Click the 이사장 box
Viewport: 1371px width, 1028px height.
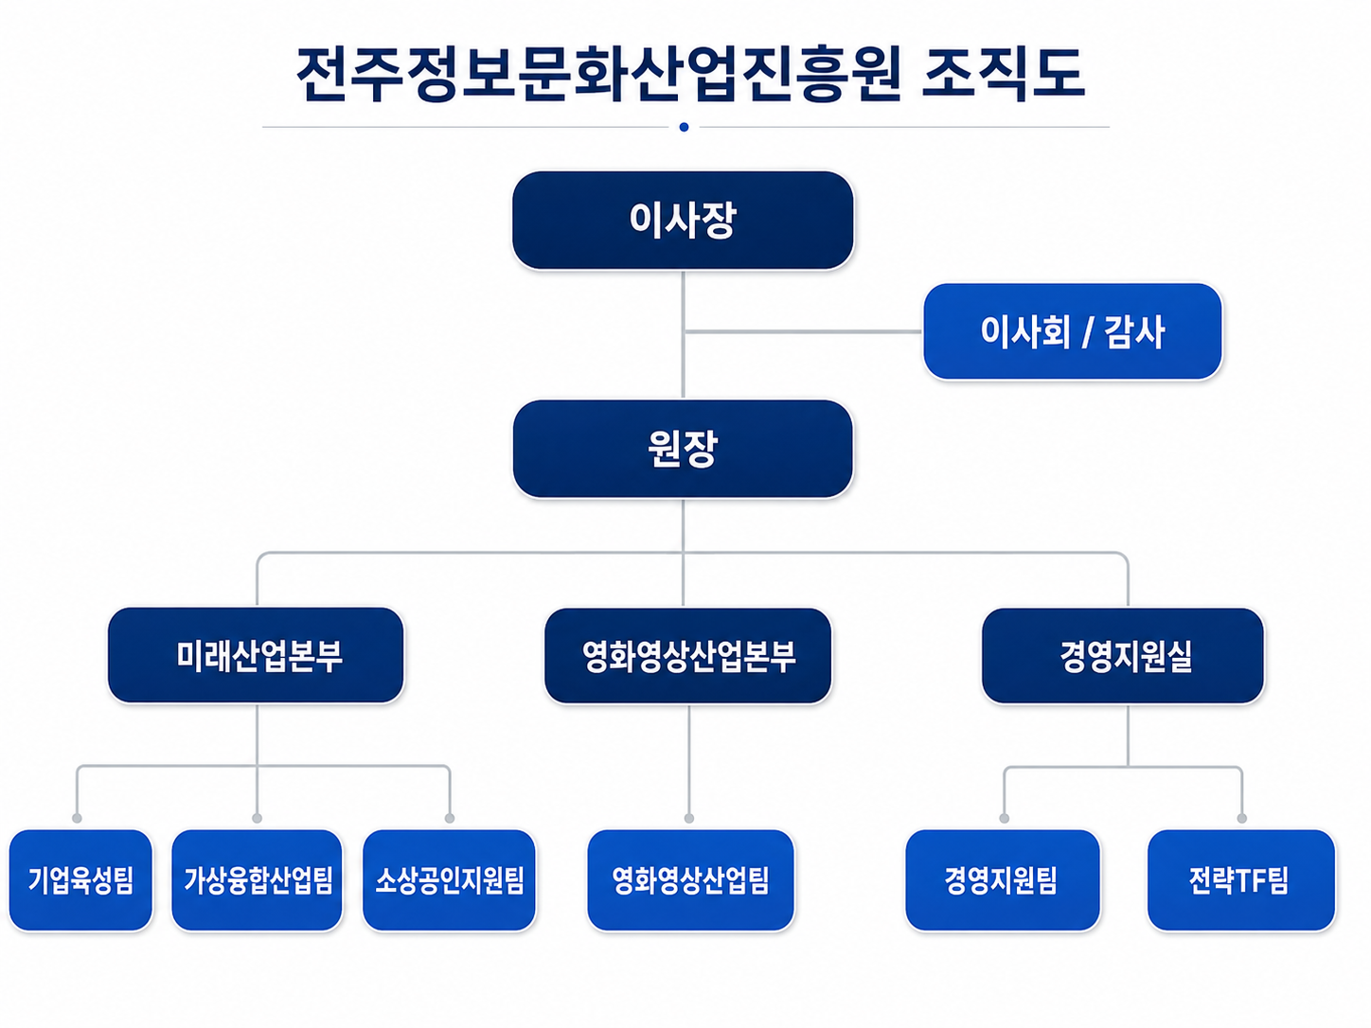(x=683, y=221)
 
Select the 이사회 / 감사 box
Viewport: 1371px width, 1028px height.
(x=1073, y=331)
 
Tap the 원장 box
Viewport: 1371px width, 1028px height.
(x=683, y=449)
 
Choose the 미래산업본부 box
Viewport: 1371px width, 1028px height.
(x=256, y=655)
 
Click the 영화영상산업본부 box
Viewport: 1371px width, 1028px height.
(x=687, y=656)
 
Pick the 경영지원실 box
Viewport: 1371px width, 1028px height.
(x=1123, y=656)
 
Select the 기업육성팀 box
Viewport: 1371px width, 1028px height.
(x=80, y=880)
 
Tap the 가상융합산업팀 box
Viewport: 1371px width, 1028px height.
(x=258, y=880)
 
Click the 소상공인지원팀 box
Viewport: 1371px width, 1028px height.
(x=449, y=880)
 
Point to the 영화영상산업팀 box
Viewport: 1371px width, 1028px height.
(x=690, y=880)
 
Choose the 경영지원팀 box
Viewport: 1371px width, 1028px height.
(x=1003, y=880)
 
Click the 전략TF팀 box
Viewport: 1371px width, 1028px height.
(x=1241, y=880)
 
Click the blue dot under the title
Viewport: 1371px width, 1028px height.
(x=684, y=128)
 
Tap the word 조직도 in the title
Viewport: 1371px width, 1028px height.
(x=1002, y=74)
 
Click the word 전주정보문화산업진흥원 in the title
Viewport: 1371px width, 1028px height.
(x=598, y=74)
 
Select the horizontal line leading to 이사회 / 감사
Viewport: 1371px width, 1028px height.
(x=804, y=331)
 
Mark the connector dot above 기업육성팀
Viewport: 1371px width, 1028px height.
(x=77, y=818)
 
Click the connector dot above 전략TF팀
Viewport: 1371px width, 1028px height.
(x=1241, y=818)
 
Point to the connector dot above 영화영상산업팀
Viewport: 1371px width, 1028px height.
(x=689, y=818)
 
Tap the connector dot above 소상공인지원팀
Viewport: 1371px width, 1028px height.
(x=450, y=818)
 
